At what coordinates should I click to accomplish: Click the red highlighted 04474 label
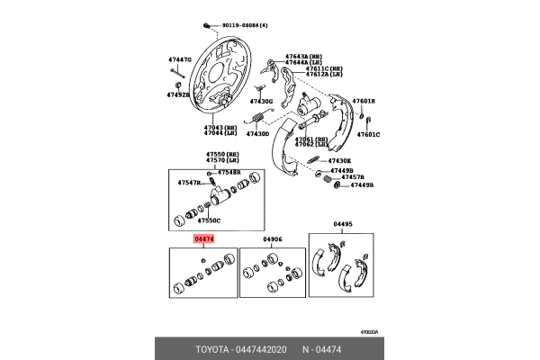click(204, 239)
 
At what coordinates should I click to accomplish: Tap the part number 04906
click(274, 239)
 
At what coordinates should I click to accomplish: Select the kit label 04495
click(344, 226)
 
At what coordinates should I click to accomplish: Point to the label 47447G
click(179, 60)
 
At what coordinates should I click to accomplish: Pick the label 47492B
click(177, 94)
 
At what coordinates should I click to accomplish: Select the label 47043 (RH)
click(219, 127)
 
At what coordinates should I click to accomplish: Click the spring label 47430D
click(256, 134)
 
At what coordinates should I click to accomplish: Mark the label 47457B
click(343, 177)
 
